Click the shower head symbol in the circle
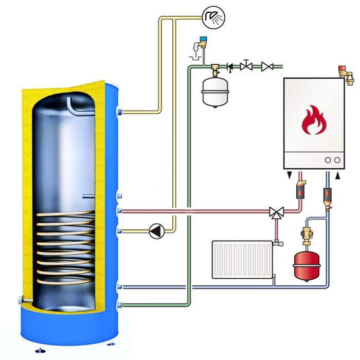coord(212,17)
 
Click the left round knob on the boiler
coord(328,160)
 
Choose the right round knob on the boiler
coord(337,160)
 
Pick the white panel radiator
coord(241,260)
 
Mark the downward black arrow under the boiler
coord(292,176)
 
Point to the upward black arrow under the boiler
coord(338,176)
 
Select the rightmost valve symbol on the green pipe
coord(267,66)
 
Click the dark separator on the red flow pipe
coord(300,192)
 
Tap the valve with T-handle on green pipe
coord(247,65)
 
